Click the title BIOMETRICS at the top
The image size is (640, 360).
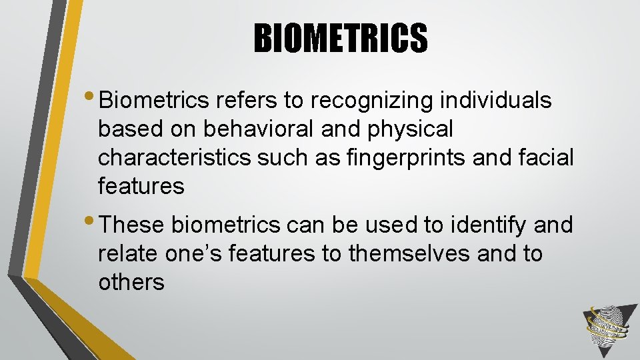(340, 37)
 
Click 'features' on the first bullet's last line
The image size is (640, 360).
(141, 186)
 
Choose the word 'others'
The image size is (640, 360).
(131, 283)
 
